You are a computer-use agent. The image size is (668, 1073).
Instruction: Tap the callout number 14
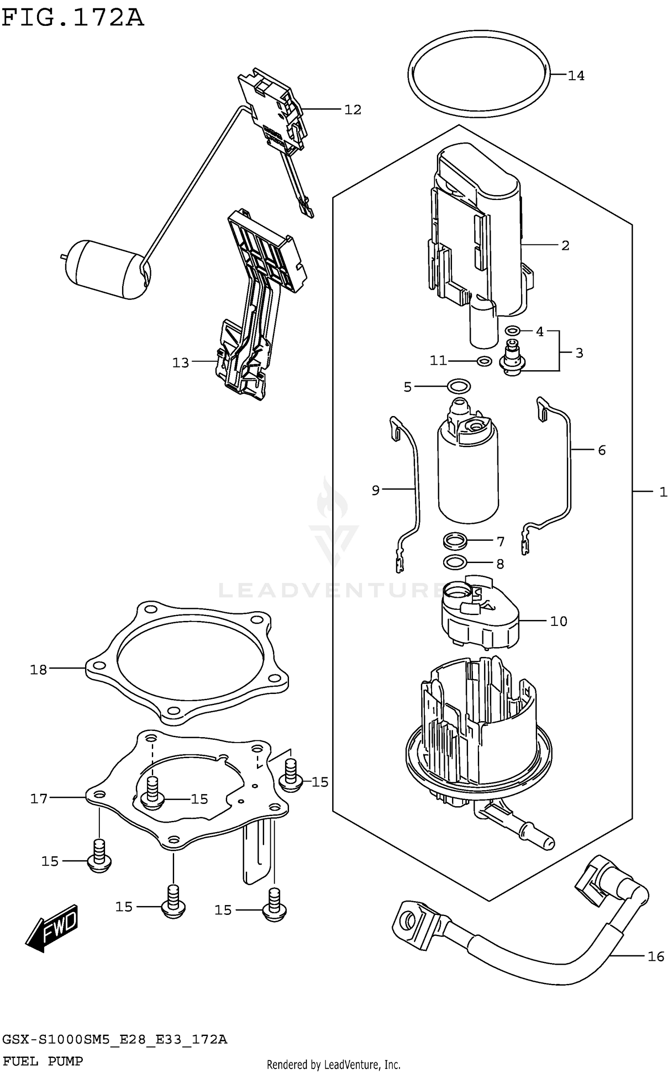click(576, 76)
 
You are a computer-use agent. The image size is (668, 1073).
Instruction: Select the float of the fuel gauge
click(107, 269)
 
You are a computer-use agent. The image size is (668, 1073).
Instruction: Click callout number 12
click(353, 110)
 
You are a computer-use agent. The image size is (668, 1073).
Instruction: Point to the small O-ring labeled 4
click(513, 330)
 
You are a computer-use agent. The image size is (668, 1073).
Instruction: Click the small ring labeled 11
click(484, 361)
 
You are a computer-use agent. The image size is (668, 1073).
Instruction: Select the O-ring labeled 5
click(459, 386)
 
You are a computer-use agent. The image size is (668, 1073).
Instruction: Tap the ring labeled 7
click(455, 542)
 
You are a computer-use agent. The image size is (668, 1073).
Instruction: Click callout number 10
click(558, 621)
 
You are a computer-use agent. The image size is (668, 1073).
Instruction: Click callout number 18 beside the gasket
click(38, 669)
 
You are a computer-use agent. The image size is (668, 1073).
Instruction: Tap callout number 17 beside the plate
click(39, 799)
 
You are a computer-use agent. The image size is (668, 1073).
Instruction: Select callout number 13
click(181, 363)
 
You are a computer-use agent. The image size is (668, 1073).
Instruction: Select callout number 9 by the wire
click(375, 490)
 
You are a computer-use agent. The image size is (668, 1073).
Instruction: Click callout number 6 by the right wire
click(602, 450)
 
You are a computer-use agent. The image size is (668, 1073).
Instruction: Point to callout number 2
click(565, 245)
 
